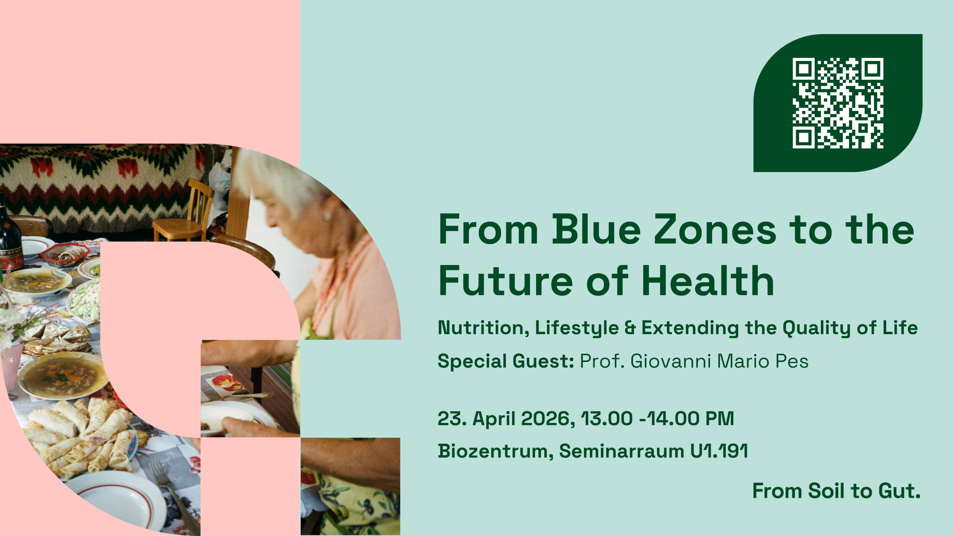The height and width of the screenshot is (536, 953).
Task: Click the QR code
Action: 838,103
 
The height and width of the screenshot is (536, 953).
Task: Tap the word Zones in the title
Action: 715,230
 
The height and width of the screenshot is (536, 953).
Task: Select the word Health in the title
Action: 707,281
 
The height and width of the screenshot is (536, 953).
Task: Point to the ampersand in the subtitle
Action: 630,328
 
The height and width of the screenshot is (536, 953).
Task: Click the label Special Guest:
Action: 506,361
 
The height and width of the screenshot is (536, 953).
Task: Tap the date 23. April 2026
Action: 506,419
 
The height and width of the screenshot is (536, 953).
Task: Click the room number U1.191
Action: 719,451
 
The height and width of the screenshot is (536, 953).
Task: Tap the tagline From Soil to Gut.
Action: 837,491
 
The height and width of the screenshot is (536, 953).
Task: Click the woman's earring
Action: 327,216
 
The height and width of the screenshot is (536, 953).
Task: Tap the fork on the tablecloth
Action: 174,496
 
